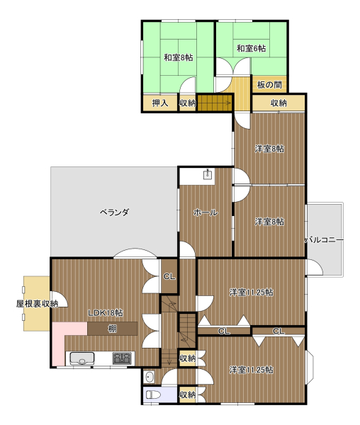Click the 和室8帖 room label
point(179,57)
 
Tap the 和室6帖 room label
point(251,48)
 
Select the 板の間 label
point(269,85)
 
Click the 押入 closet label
point(160,103)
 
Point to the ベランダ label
point(114,212)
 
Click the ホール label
point(206,212)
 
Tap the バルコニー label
point(325,240)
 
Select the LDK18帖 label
point(106,313)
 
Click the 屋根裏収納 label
point(37,304)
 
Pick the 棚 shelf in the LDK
point(112,329)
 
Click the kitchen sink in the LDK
point(82,358)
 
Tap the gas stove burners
point(122,358)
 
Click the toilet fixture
point(153,395)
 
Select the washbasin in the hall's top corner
point(208,174)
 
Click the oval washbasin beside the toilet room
point(150,377)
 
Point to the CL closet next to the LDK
point(169,276)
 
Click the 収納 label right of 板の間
point(279,103)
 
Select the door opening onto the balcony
point(314,267)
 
